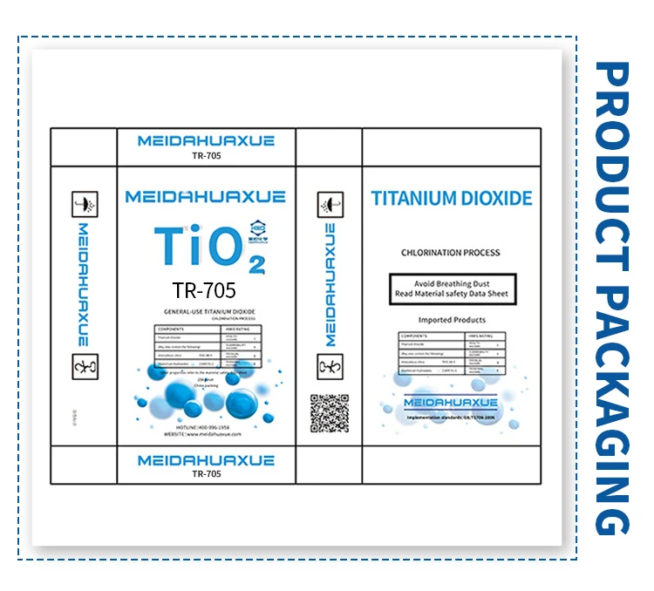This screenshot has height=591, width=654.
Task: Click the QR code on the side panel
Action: (329, 414)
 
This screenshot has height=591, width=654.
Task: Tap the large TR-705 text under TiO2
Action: (204, 289)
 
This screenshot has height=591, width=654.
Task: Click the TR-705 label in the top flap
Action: (207, 158)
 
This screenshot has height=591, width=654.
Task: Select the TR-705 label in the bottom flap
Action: (207, 474)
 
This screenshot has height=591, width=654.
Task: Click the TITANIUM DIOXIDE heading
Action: (452, 199)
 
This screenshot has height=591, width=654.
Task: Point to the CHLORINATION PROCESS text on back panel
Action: (451, 253)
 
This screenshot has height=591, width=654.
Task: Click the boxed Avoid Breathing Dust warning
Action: (453, 289)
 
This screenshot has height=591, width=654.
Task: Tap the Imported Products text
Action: (452, 320)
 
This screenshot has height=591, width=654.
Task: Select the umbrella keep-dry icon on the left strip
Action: (84, 203)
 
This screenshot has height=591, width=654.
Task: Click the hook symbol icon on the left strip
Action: (84, 366)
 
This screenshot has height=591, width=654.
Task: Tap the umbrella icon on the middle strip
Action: (329, 207)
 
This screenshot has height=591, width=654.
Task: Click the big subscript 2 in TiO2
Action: (255, 264)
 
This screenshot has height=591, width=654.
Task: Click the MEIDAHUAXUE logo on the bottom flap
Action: (207, 460)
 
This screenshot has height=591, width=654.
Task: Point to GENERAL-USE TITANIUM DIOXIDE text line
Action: (204, 312)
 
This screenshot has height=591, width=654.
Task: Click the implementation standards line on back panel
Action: (450, 418)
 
